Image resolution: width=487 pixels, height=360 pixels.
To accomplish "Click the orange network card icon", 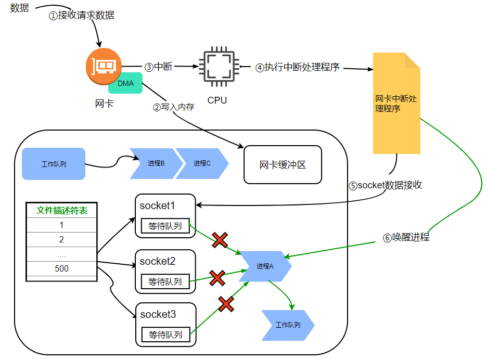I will tap(104, 65).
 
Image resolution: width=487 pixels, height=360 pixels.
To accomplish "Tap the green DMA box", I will tap(125, 84).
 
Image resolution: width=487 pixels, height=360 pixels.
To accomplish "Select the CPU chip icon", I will tap(217, 67).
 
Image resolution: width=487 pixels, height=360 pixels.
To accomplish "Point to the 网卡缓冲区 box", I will tap(283, 165).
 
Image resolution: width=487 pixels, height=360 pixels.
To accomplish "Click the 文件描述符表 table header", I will tap(62, 211).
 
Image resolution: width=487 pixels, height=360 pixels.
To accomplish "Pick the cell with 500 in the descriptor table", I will tap(62, 268).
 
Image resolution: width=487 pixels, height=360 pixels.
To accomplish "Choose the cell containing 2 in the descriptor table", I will tap(62, 239).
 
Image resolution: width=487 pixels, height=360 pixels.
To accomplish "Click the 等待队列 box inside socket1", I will tap(165, 226).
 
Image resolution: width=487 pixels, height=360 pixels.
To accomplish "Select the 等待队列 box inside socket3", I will tap(165, 335).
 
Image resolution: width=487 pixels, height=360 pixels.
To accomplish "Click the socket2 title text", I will tap(158, 261).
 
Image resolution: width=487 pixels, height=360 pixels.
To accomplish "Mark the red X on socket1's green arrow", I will tap(220, 240).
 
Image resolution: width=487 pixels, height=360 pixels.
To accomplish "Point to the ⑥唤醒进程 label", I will tap(406, 237).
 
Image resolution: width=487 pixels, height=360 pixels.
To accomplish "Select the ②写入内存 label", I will tap(173, 107).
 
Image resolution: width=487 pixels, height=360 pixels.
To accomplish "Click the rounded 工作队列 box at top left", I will tap(54, 164).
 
